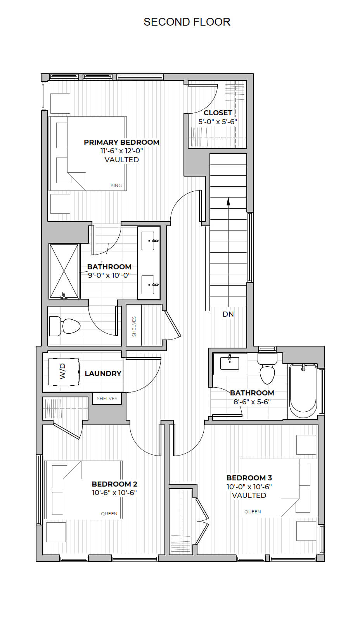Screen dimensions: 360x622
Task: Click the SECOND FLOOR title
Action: click(x=187, y=22)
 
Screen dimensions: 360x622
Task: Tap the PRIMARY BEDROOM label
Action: click(x=121, y=142)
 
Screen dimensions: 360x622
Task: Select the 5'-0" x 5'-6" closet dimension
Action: click(x=218, y=121)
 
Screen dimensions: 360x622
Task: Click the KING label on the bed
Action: click(x=116, y=185)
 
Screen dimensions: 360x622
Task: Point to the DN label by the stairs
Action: click(x=228, y=314)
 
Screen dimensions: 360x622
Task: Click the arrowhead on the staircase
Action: click(x=228, y=201)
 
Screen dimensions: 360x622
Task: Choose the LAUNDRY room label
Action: click(x=103, y=374)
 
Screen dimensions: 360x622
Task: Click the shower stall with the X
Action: click(x=64, y=271)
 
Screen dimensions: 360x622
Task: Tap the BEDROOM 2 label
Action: click(x=114, y=484)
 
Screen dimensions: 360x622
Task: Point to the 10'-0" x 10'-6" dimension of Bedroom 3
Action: click(x=249, y=487)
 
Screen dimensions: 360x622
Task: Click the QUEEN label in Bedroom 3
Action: click(x=253, y=512)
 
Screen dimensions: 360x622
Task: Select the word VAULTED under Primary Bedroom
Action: click(x=121, y=159)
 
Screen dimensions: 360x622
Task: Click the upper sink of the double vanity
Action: click(x=149, y=241)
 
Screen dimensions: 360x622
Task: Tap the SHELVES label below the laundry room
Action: click(x=107, y=398)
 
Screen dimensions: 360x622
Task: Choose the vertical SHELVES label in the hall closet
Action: click(x=134, y=327)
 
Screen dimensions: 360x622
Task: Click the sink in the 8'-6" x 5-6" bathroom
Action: click(x=230, y=363)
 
